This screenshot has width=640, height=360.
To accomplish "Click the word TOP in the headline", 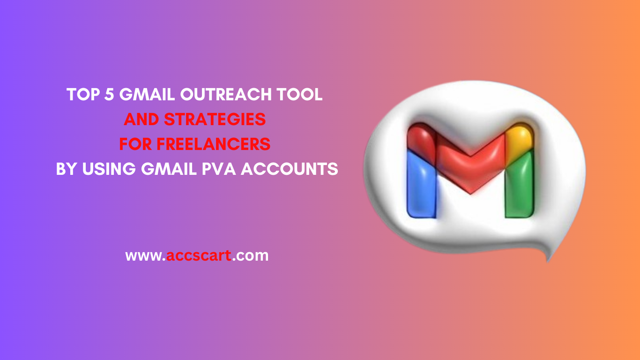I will click(81, 95).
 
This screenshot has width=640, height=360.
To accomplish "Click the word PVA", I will click(218, 169).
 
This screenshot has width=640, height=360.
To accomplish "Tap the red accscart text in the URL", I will click(199, 256).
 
